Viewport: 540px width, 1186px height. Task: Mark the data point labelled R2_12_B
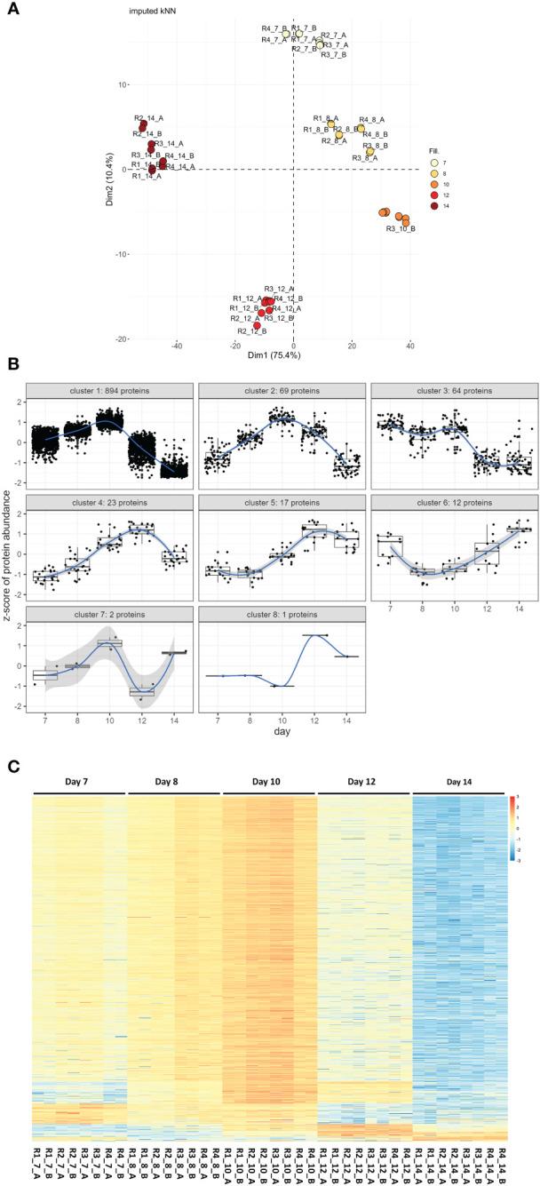click(x=257, y=326)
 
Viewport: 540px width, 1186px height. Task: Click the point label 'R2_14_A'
click(x=150, y=117)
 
